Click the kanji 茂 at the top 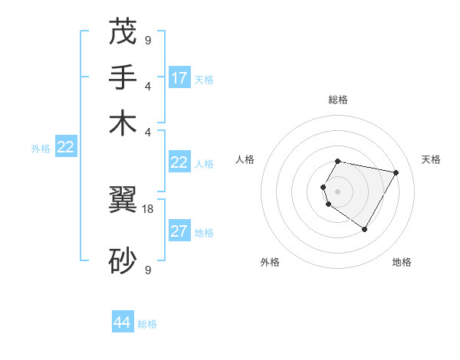(x=123, y=33)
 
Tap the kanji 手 (x=123, y=78)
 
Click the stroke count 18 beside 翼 (x=149, y=208)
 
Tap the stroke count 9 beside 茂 (x=148, y=40)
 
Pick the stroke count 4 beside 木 (x=148, y=131)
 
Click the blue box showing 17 (x=179, y=77)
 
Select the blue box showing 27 (x=179, y=232)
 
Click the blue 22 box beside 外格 (x=66, y=148)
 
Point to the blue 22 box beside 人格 (x=179, y=162)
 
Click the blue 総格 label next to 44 (x=147, y=324)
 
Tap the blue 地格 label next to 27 (x=204, y=233)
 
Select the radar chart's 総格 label (x=338, y=100)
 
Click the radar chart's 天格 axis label (x=431, y=159)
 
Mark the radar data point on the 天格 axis (x=396, y=172)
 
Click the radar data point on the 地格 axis (x=365, y=229)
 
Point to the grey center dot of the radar (x=338, y=191)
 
